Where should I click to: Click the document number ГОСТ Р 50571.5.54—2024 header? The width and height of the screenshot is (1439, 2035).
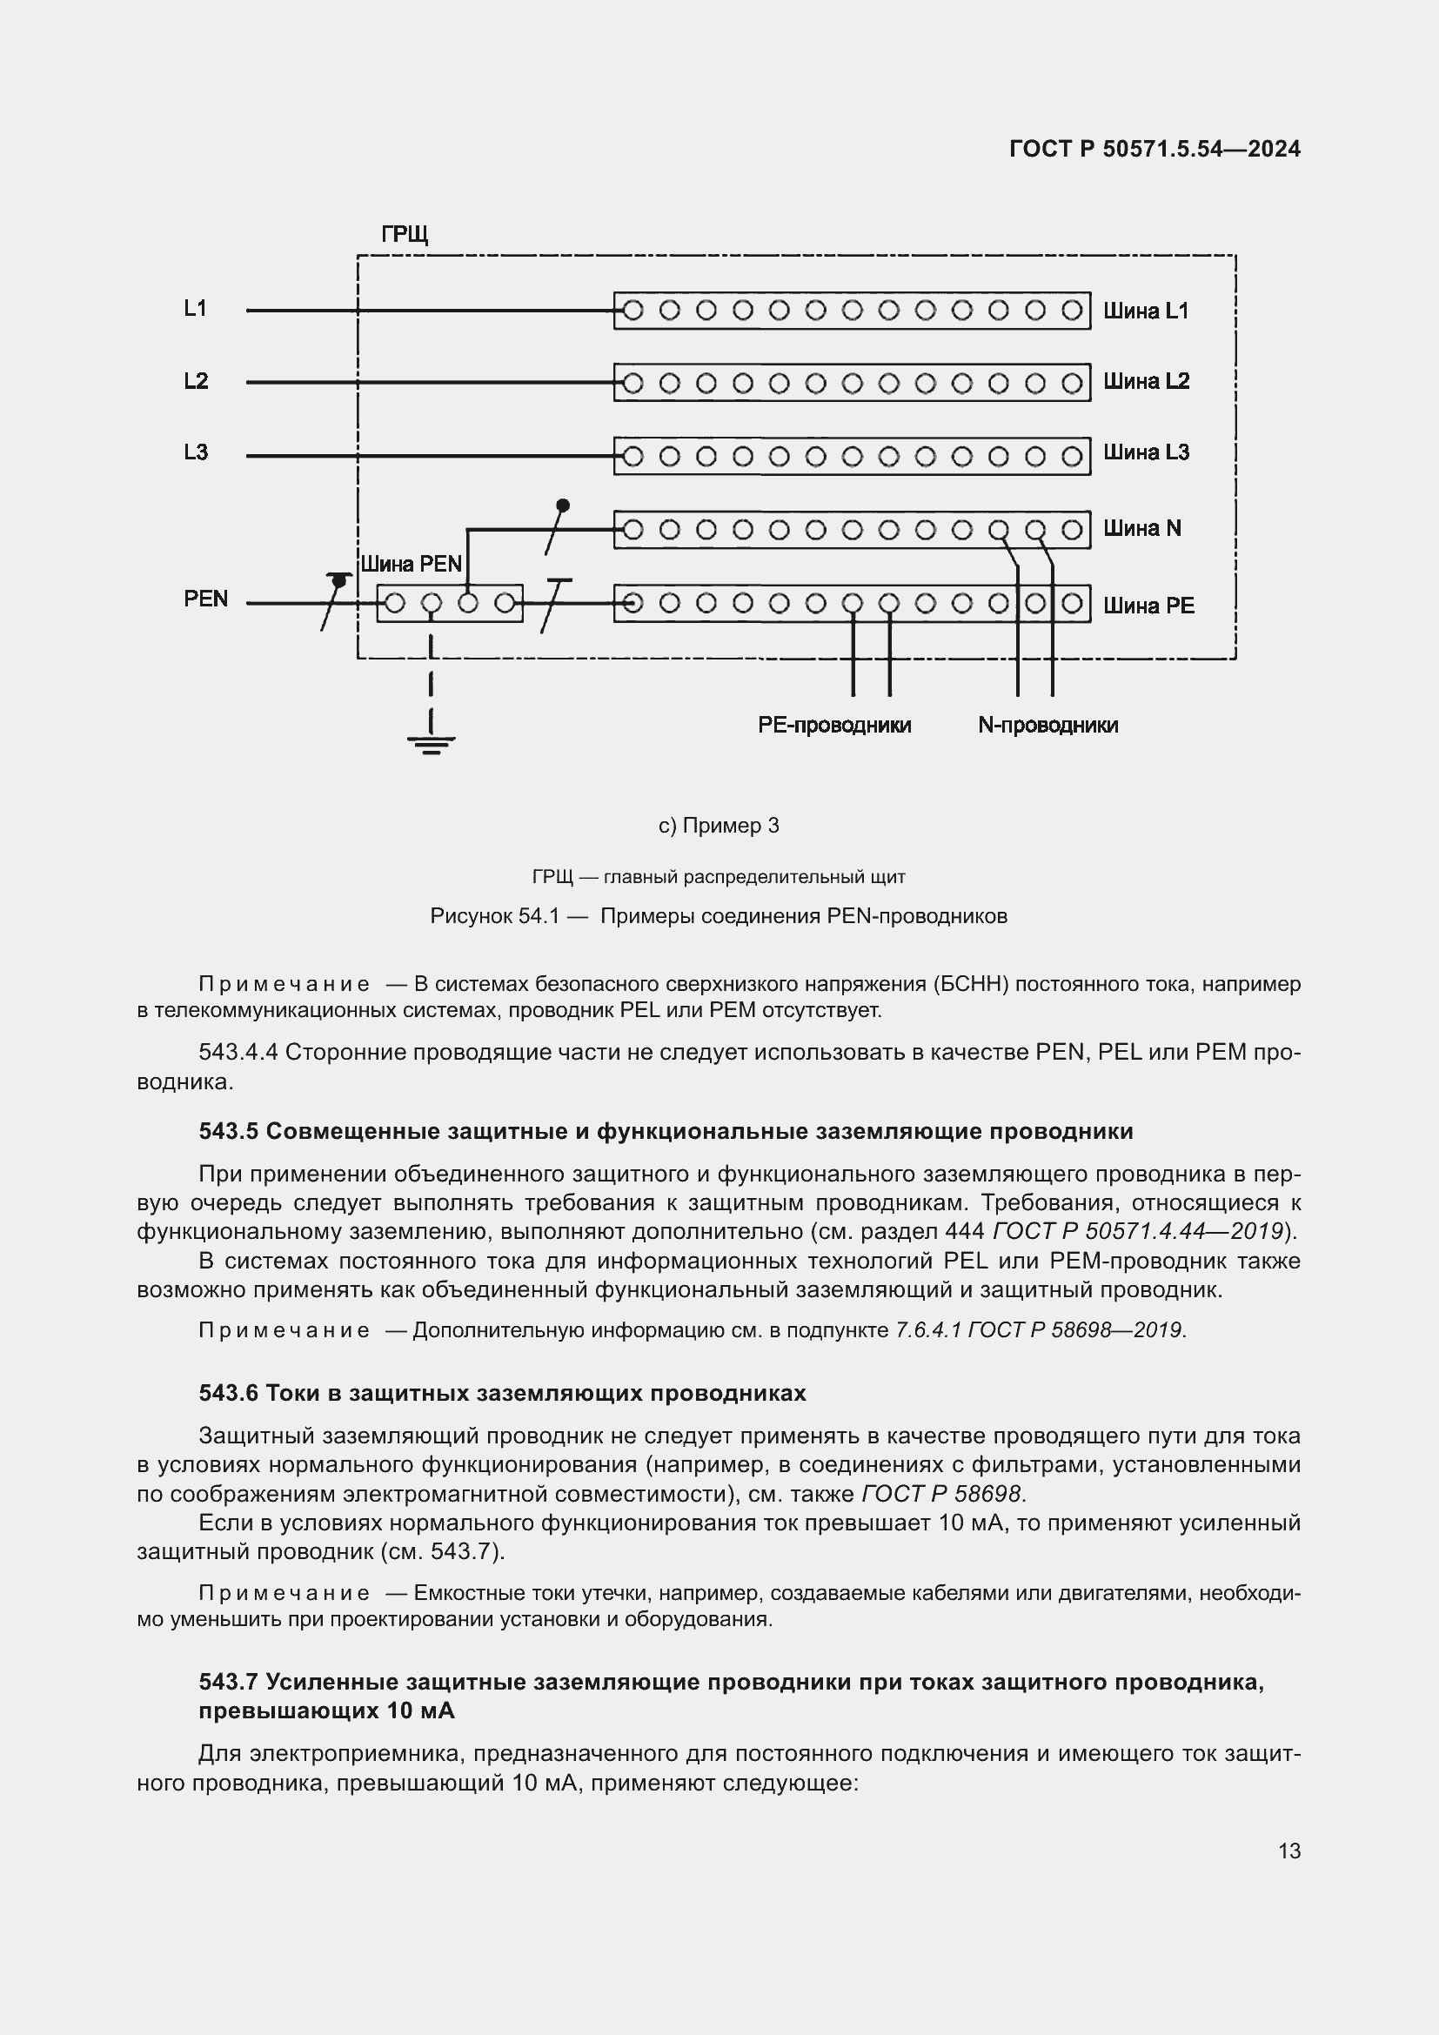pos(1155,149)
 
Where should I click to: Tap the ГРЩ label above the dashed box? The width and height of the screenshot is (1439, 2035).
pos(404,234)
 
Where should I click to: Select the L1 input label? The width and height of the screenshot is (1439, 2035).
pos(195,309)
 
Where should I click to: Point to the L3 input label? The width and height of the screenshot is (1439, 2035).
pos(196,452)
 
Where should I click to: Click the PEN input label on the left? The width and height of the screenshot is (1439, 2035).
pos(205,599)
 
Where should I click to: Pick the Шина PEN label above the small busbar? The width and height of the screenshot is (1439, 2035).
pos(412,565)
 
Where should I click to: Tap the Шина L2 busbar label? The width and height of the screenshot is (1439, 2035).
pos(1146,381)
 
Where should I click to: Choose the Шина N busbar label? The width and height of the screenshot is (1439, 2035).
pos(1142,528)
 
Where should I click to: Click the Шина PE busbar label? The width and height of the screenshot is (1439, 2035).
pos(1148,606)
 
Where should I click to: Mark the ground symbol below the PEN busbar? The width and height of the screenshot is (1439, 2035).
pos(432,744)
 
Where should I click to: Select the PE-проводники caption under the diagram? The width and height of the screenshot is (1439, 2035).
pos(833,725)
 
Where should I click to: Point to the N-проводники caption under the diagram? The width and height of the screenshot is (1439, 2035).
pos(1047,725)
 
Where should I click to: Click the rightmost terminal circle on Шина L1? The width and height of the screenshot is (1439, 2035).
pos(1071,311)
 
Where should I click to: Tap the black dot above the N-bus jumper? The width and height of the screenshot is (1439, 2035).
pos(563,505)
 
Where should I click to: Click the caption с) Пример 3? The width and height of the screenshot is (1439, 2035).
pos(719,826)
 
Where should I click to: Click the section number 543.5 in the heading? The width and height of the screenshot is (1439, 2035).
pos(228,1132)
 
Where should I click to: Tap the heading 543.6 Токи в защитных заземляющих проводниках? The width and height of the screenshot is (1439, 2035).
pos(501,1393)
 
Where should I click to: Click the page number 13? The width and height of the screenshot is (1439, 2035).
pos(1289,1851)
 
